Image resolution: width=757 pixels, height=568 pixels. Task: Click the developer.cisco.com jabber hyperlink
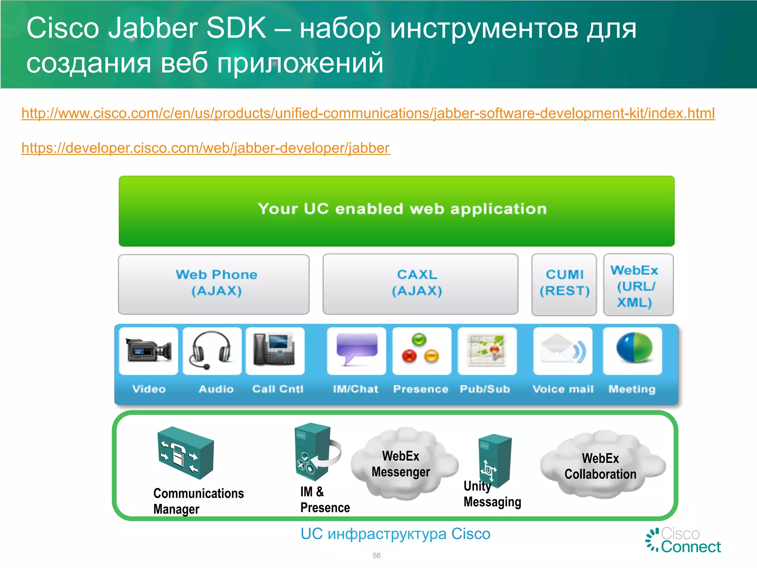206,148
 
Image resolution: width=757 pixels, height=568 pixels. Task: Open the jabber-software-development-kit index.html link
368,113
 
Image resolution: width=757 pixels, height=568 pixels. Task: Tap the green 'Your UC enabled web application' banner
396,211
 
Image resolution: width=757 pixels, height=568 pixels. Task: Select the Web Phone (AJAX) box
214,284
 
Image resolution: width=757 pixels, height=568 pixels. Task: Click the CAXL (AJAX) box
420,284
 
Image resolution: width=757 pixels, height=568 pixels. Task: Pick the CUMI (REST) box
564,284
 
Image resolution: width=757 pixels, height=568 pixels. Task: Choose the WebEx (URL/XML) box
638,285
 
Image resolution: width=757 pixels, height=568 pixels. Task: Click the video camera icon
149,350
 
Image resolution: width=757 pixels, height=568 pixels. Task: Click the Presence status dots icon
421,349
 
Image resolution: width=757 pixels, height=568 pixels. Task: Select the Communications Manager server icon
186,453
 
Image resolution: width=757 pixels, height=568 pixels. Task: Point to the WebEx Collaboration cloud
601,466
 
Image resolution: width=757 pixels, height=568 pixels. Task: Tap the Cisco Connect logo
683,541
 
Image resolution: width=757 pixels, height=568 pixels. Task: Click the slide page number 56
376,555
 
